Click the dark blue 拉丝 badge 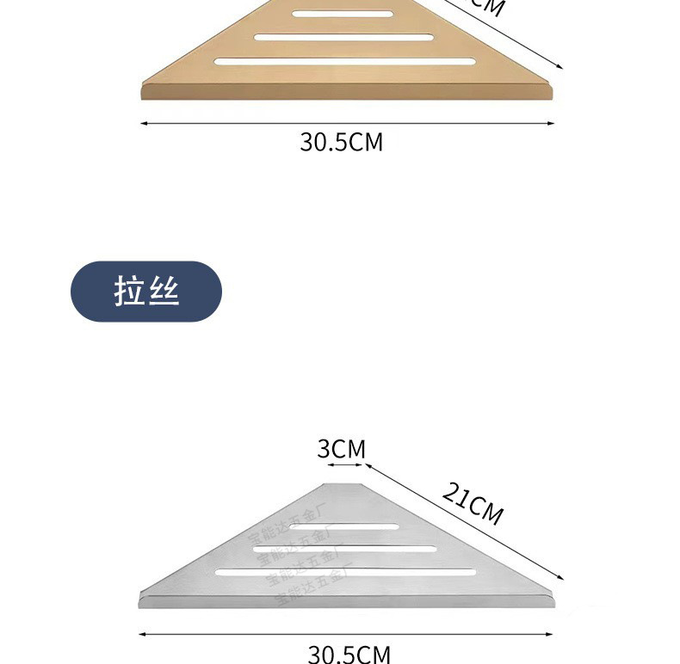click(x=145, y=292)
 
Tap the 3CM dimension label click(x=341, y=449)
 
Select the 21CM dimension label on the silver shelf click(x=473, y=503)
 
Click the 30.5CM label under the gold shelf click(x=341, y=142)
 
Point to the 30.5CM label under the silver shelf click(x=349, y=655)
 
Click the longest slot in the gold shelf click(x=345, y=61)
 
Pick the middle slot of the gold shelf click(x=343, y=37)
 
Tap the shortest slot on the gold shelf click(x=342, y=14)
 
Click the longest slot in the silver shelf click(x=345, y=571)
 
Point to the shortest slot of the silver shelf click(x=355, y=526)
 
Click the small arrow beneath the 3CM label click(x=345, y=465)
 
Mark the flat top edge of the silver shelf click(x=345, y=484)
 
